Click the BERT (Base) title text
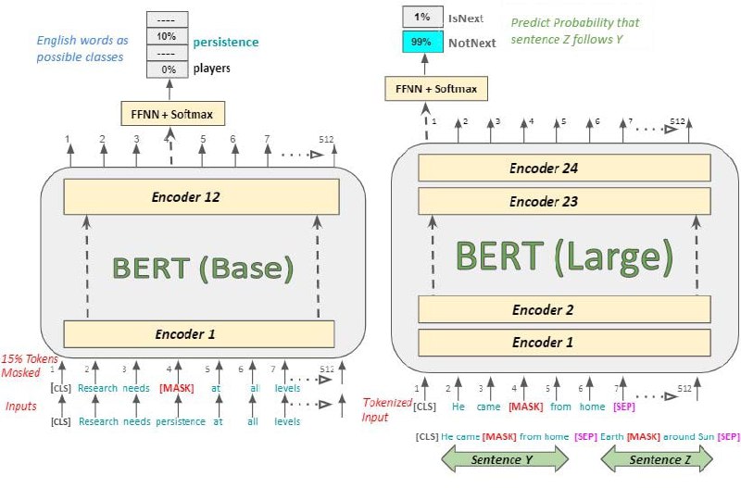202,268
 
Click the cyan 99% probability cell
422,43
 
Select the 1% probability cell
422,17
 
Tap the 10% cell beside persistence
168,36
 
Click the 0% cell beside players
168,68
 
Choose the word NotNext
471,43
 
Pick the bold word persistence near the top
225,42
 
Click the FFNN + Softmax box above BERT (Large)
436,89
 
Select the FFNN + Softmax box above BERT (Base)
173,113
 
